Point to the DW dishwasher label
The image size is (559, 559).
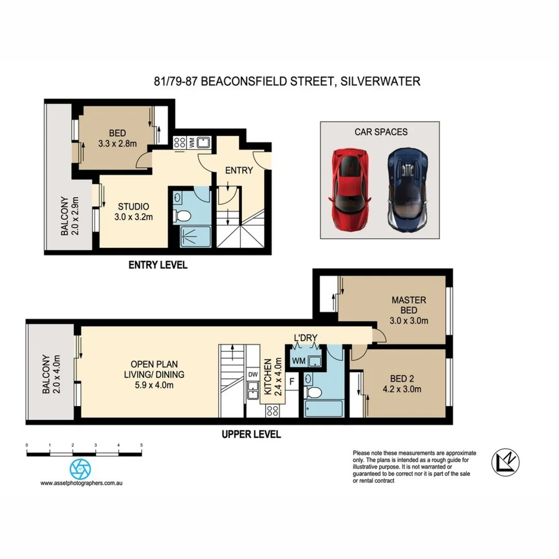[x=253, y=374]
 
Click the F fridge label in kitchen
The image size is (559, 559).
[x=292, y=383]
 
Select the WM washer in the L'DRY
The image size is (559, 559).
[x=299, y=360]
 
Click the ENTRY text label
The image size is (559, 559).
[x=239, y=170]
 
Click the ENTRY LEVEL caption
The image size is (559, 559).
[x=157, y=266]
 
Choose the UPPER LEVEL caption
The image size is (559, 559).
[x=251, y=434]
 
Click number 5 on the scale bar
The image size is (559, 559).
[x=141, y=445]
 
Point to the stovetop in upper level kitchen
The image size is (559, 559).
[x=272, y=410]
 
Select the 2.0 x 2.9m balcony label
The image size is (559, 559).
[x=69, y=216]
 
